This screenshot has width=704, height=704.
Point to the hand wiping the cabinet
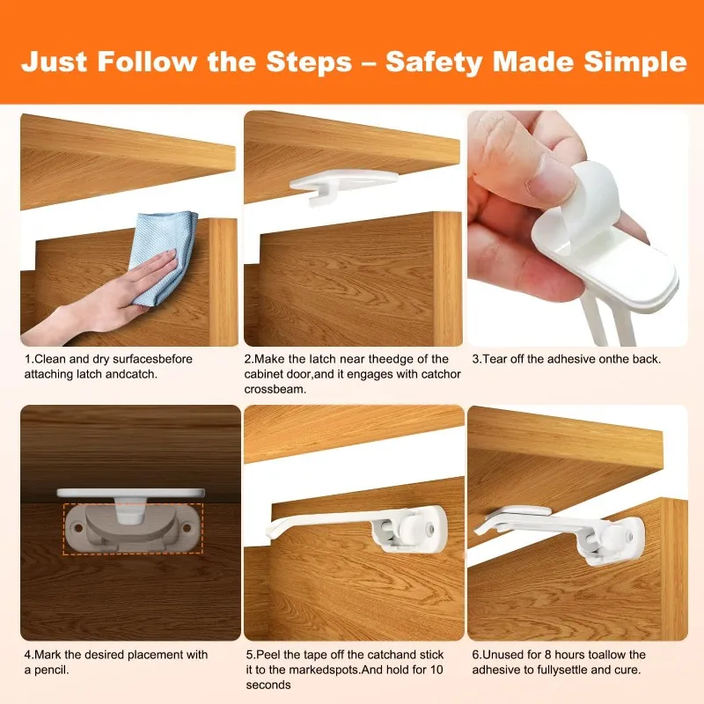97,304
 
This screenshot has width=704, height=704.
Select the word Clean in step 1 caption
49,359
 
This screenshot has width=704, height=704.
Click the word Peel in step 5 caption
267,655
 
